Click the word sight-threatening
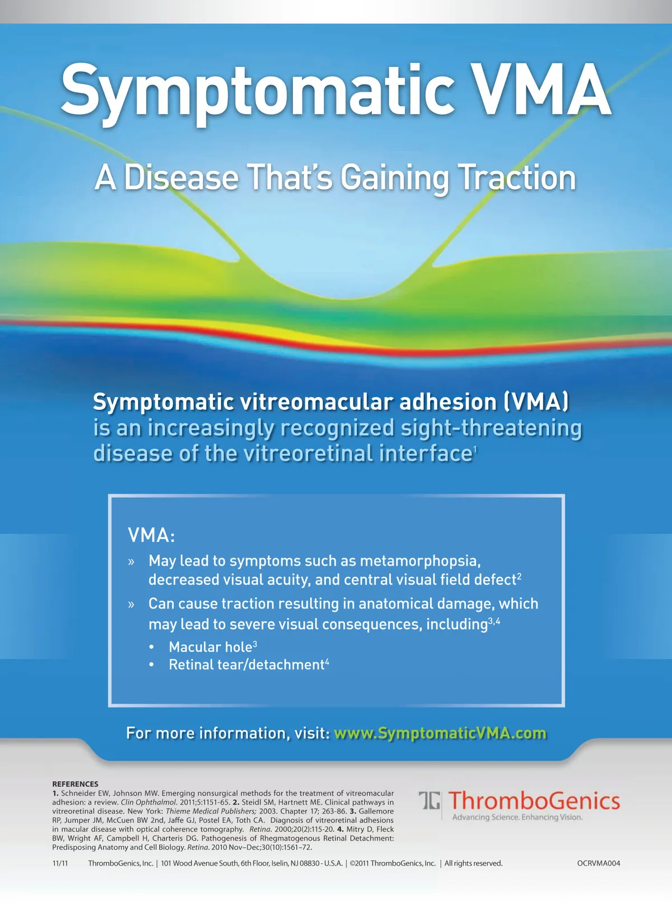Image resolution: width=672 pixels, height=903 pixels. (491, 429)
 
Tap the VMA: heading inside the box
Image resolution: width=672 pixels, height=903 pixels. (151, 535)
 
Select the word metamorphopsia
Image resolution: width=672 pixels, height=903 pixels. (421, 562)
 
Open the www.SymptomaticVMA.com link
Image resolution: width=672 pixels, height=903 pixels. (440, 733)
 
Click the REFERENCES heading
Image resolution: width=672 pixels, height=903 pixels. (75, 784)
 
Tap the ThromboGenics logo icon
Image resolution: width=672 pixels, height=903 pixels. (430, 801)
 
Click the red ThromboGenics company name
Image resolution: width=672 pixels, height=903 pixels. (534, 801)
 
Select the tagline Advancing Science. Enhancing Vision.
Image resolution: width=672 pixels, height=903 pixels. (517, 817)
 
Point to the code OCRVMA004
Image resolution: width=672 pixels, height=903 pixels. (598, 863)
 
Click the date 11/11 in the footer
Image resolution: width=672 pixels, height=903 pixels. (60, 863)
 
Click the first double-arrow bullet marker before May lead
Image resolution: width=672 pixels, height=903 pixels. (131, 562)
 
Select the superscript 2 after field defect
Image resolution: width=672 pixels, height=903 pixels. (519, 576)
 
